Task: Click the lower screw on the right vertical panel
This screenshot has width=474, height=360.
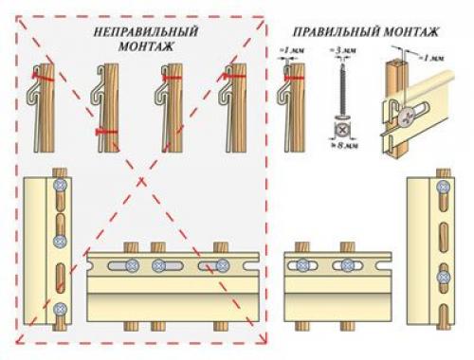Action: pyautogui.click(x=442, y=276)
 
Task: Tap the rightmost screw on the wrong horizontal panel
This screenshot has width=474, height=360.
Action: pyautogui.click(x=222, y=265)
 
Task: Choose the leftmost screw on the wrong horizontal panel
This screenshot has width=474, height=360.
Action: pyautogui.click(x=132, y=265)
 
